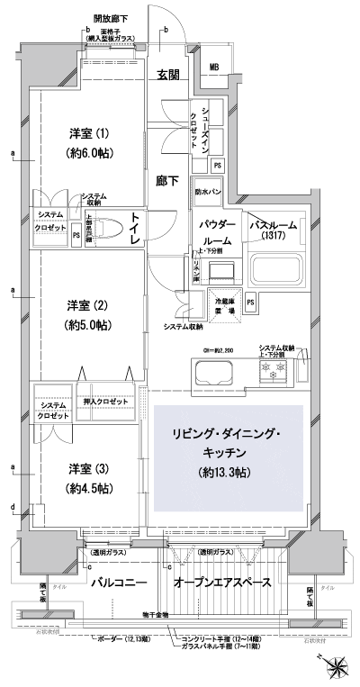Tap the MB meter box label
pos(214,68)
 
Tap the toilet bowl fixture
pos(101,229)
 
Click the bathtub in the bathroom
pos(279,269)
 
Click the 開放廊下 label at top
pos(110,18)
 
